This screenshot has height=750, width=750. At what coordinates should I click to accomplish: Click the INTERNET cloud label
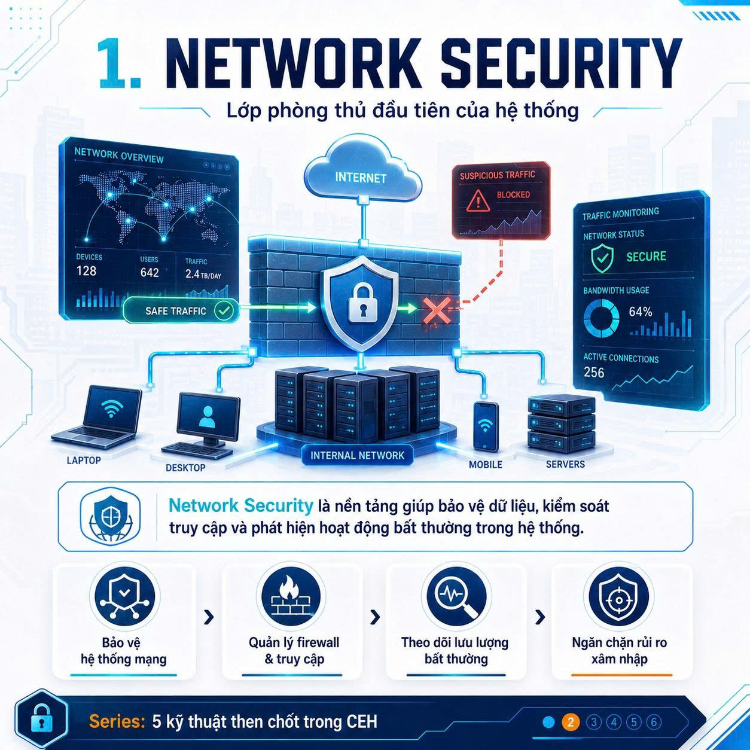click(x=361, y=178)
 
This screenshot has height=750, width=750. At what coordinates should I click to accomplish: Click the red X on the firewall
click(x=437, y=310)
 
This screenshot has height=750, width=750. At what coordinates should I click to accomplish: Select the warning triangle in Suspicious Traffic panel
click(x=478, y=200)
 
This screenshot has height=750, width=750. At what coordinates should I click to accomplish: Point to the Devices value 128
click(x=86, y=270)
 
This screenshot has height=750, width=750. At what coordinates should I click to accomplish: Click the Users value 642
click(x=150, y=273)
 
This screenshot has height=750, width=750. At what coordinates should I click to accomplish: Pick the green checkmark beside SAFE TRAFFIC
click(x=224, y=310)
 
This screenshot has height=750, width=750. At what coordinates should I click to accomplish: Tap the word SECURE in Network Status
click(x=646, y=256)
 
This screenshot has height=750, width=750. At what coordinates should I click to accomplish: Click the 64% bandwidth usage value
click(x=640, y=312)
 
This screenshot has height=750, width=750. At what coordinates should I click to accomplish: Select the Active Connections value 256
click(x=594, y=373)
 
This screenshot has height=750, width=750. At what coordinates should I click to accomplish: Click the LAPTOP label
click(x=84, y=461)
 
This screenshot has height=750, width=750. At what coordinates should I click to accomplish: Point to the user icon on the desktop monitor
click(x=207, y=416)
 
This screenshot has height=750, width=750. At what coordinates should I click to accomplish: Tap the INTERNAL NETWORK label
click(x=357, y=455)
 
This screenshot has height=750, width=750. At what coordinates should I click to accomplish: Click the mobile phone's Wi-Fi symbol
click(x=485, y=425)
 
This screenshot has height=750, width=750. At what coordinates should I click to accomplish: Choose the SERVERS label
click(x=565, y=464)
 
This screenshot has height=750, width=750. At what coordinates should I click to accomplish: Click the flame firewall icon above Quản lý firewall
click(x=291, y=596)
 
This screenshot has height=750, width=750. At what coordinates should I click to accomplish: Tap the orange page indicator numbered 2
click(x=571, y=722)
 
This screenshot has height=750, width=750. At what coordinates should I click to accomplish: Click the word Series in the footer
click(x=117, y=721)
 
